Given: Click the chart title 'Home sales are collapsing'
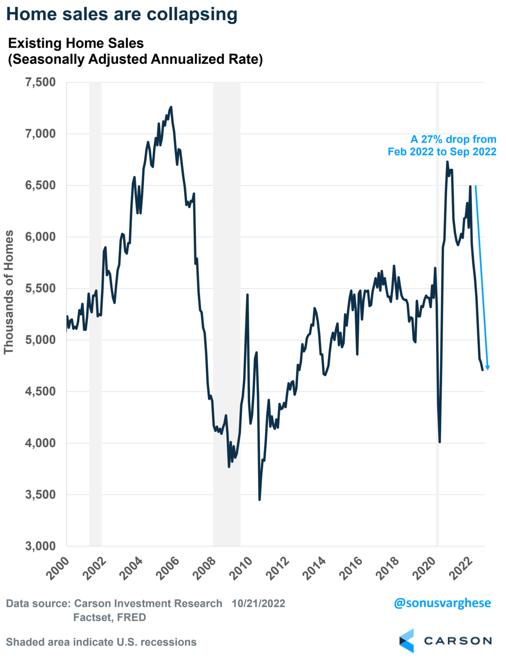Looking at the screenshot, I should coord(122,14).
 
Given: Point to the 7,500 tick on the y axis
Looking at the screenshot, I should coord(40,82).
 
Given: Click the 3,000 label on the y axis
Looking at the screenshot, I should coord(40,546).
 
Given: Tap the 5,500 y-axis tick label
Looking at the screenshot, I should coord(40,288).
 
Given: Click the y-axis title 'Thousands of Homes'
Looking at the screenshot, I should coord(9,292).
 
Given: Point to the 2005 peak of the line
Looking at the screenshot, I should coord(171,107).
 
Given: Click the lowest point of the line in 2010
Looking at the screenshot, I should coord(259,500).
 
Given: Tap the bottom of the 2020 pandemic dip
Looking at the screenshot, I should coord(440,442).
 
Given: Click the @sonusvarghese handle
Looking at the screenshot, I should coord(442,603).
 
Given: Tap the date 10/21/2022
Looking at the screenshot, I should coord(258,603).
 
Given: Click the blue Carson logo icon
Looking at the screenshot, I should coord(407,641).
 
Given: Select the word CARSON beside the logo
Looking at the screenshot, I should coord(458,641).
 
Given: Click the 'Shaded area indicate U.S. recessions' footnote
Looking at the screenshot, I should coord(101,642).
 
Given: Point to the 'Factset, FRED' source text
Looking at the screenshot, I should coord(110,617).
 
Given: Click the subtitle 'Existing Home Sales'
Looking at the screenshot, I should coord(76,43).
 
